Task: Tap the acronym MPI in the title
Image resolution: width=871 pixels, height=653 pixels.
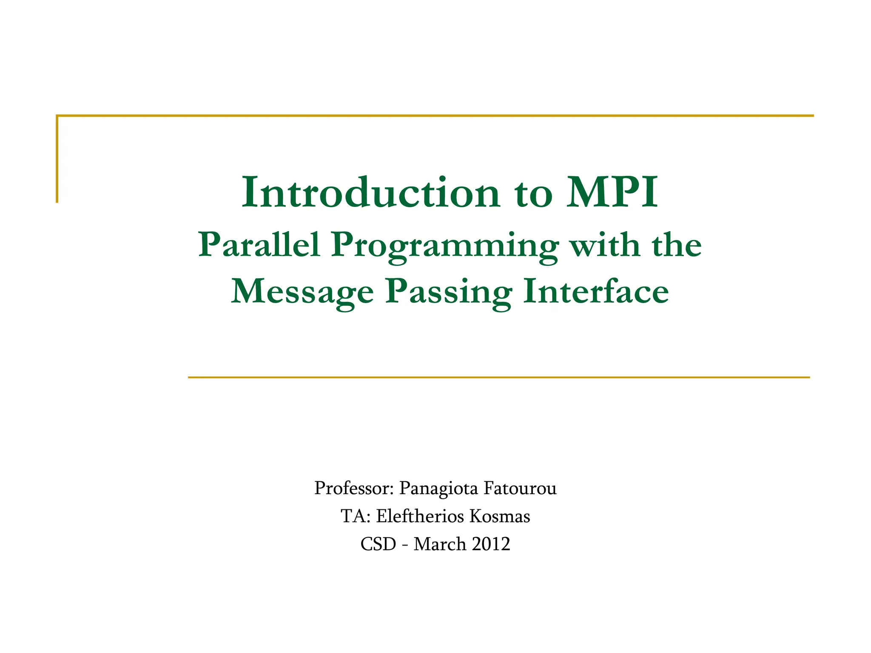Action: pos(612,193)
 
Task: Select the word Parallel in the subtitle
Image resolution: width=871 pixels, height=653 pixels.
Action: pos(259,245)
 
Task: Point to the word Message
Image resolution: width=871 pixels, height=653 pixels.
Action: pos(302,292)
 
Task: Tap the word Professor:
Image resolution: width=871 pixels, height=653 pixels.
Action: pos(354,489)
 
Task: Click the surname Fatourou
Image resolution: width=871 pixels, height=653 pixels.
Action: pos(520,489)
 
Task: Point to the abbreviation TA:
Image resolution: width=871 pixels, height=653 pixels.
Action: pos(356,516)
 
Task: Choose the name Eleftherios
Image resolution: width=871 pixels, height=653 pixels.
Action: pos(420,516)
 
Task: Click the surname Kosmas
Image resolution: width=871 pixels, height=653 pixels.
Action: pos(500,516)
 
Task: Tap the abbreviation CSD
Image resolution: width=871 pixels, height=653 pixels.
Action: pos(379,544)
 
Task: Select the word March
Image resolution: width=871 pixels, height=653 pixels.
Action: pos(440,544)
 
